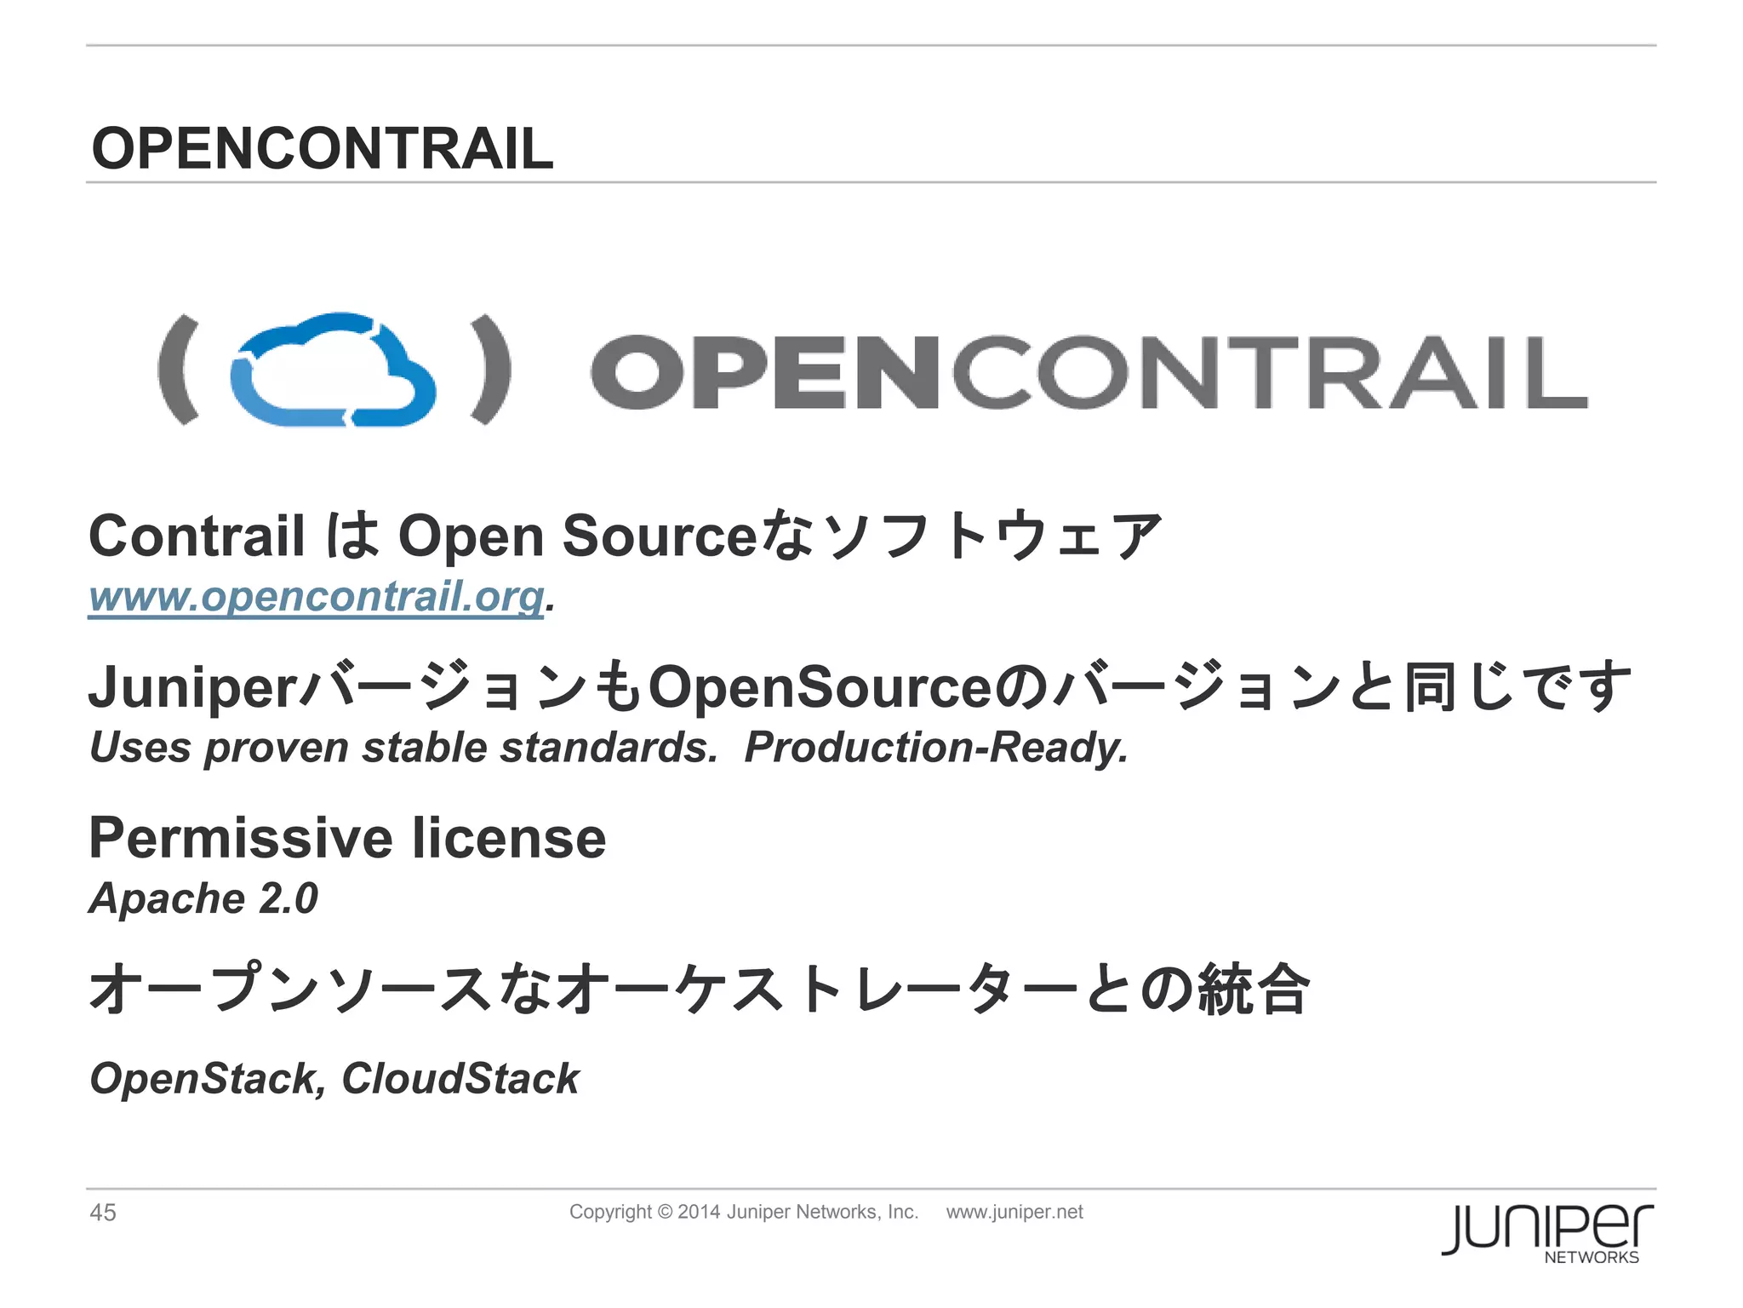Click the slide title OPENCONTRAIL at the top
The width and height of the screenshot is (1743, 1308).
click(322, 148)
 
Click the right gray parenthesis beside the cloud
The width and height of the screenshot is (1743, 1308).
click(491, 370)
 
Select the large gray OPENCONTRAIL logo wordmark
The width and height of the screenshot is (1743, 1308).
click(1089, 372)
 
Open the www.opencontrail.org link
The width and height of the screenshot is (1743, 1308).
click(316, 595)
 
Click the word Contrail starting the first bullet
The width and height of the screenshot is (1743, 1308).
click(197, 536)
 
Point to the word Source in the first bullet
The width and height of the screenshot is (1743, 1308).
click(659, 536)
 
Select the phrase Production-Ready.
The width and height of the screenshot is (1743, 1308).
click(936, 748)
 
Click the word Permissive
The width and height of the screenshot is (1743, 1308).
click(241, 838)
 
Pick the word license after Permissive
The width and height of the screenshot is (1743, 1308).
click(509, 838)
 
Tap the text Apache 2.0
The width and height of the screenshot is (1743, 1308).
click(203, 898)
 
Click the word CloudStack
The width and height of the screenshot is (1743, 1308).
click(460, 1079)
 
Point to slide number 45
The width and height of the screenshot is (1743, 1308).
click(103, 1213)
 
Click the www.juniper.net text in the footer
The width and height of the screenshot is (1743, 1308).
click(1014, 1212)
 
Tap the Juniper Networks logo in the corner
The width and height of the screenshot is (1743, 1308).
click(1547, 1231)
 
